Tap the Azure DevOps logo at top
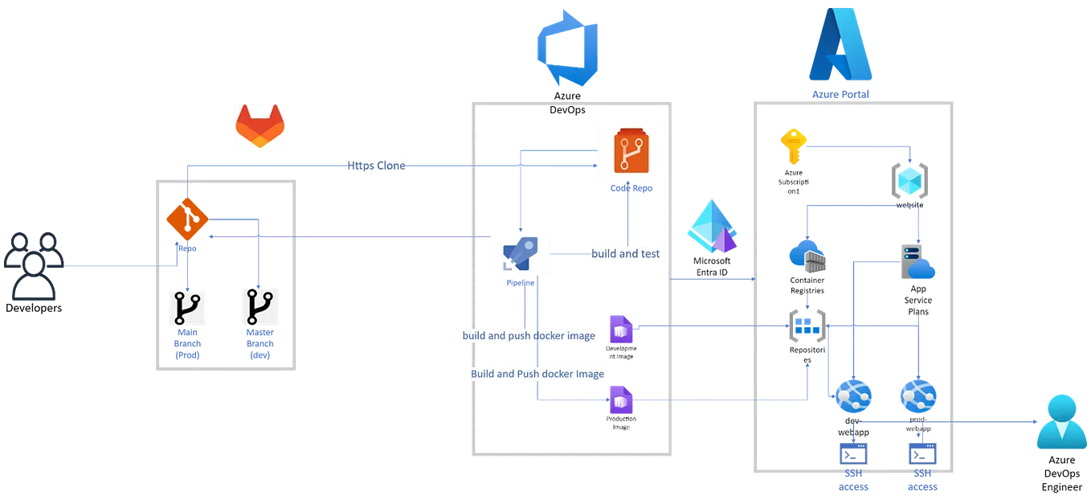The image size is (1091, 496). point(568,48)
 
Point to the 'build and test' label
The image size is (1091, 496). point(625,254)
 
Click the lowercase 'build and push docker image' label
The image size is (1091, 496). point(529,335)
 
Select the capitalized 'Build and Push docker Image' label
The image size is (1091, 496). point(537,374)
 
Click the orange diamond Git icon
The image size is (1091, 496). point(186,219)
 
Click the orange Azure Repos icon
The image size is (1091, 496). point(631,154)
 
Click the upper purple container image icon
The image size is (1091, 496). point(620,329)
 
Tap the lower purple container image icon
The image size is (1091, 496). point(620,399)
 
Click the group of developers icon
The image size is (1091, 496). point(33,266)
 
